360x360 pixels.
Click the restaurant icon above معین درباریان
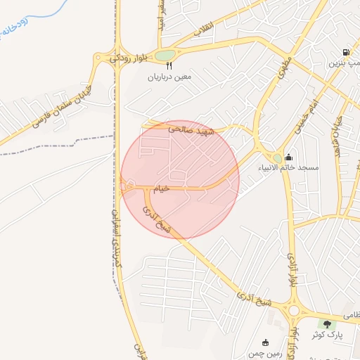[168, 65]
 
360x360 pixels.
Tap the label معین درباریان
[169, 77]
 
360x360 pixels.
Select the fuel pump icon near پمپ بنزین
[345, 53]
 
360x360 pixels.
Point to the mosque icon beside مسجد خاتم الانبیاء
[289, 157]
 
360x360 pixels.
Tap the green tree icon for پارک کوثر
[326, 323]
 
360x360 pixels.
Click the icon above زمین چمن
[264, 341]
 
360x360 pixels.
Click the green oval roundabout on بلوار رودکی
[165, 55]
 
